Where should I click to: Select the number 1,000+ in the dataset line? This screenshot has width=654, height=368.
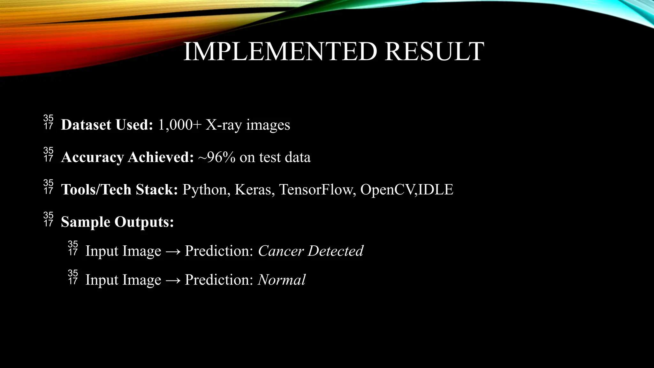180,125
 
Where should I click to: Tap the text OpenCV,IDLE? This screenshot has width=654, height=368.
407,190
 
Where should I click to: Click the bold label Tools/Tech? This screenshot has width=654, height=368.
96,190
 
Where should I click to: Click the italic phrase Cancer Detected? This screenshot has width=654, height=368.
310,251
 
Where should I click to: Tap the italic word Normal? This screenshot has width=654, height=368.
281,280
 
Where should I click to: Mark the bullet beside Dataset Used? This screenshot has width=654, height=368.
48,122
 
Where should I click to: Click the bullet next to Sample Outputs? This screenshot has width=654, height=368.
48,219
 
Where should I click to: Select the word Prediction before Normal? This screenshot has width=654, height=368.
219,280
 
